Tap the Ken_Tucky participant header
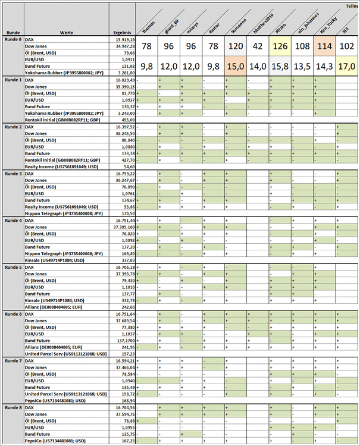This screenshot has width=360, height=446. click(324, 23)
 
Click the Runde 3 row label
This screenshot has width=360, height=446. click(12, 174)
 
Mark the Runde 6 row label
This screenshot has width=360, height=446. click(12, 313)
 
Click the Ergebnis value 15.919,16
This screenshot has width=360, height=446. click(124, 39)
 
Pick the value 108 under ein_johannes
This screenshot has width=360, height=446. click(302, 47)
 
